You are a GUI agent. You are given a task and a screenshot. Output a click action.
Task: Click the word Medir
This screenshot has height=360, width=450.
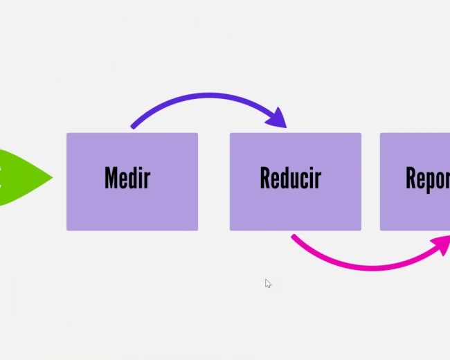pyautogui.click(x=127, y=178)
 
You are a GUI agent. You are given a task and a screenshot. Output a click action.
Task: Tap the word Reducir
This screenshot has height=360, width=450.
pyautogui.click(x=291, y=178)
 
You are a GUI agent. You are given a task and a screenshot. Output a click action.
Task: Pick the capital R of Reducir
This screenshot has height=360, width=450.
pyautogui.click(x=266, y=178)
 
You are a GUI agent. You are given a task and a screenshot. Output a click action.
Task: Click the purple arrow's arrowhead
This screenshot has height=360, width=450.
pyautogui.click(x=278, y=118)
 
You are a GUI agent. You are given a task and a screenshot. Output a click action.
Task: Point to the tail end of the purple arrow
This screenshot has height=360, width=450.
pyautogui.click(x=133, y=127)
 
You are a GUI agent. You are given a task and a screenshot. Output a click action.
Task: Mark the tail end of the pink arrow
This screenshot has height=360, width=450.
pyautogui.click(x=294, y=237)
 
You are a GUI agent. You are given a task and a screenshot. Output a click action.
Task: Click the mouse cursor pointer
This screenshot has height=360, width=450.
pyautogui.click(x=267, y=282)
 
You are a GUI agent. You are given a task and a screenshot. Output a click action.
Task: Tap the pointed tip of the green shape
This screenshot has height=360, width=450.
pyautogui.click(x=52, y=177)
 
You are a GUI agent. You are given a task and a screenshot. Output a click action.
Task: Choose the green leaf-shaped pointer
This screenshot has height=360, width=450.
pyautogui.click(x=21, y=177)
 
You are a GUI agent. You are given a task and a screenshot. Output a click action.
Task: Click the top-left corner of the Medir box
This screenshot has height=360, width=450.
pyautogui.click(x=67, y=134)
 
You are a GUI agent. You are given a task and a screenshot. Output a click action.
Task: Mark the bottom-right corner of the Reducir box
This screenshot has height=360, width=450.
pyautogui.click(x=360, y=230)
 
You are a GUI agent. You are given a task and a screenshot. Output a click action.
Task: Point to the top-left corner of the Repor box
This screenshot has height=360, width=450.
pyautogui.click(x=381, y=134)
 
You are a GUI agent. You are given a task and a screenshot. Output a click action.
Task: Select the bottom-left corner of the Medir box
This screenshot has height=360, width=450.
pyautogui.click(x=67, y=230)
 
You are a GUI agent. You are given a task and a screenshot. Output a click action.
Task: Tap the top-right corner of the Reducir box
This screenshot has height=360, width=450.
pyautogui.click(x=360, y=134)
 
